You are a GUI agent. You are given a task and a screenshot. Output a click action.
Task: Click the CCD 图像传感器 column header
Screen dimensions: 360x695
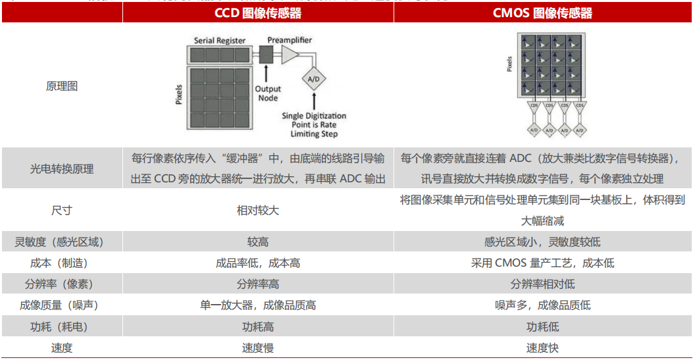[258, 13]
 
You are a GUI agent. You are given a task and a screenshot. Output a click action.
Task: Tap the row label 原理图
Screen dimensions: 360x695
[62, 86]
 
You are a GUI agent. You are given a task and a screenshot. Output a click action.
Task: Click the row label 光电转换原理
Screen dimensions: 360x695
[62, 168]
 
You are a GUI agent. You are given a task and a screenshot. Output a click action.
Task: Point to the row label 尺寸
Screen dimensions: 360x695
[62, 211]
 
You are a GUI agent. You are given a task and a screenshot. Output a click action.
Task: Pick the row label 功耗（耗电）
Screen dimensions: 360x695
[62, 326]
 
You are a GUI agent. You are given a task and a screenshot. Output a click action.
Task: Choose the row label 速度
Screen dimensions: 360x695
[62, 348]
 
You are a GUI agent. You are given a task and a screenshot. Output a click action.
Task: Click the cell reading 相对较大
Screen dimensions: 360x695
[258, 211]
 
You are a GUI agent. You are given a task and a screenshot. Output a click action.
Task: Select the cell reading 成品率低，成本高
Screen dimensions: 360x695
[258, 263]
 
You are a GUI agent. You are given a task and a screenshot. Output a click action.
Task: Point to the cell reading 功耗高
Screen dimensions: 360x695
[258, 326]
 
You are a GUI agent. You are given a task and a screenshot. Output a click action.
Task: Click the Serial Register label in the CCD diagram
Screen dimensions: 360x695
[220, 41]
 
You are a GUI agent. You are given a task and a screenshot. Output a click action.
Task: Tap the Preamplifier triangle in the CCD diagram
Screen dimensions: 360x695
[289, 55]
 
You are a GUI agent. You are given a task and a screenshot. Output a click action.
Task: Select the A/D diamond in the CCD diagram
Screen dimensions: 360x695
[314, 79]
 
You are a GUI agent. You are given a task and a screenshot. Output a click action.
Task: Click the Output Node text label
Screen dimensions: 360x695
[268, 93]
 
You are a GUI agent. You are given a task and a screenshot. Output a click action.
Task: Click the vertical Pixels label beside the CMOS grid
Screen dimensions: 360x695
[510, 64]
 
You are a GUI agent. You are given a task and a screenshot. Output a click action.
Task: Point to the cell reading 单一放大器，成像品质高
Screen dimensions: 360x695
[258, 305]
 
